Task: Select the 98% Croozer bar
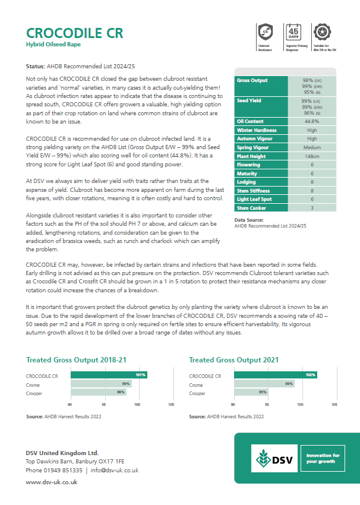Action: [99, 393]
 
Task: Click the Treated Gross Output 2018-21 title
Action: [76, 360]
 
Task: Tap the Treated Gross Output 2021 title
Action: [233, 360]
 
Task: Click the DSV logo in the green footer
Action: [274, 459]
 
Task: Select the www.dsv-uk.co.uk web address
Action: [52, 482]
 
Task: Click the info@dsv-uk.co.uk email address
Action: [115, 470]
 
